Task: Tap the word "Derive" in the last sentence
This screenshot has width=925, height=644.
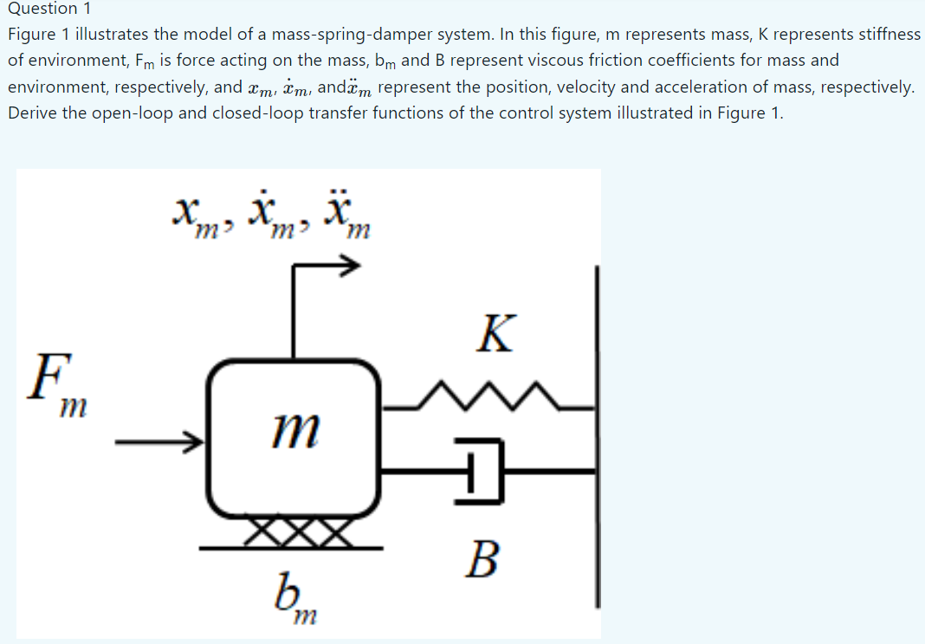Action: (32, 113)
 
